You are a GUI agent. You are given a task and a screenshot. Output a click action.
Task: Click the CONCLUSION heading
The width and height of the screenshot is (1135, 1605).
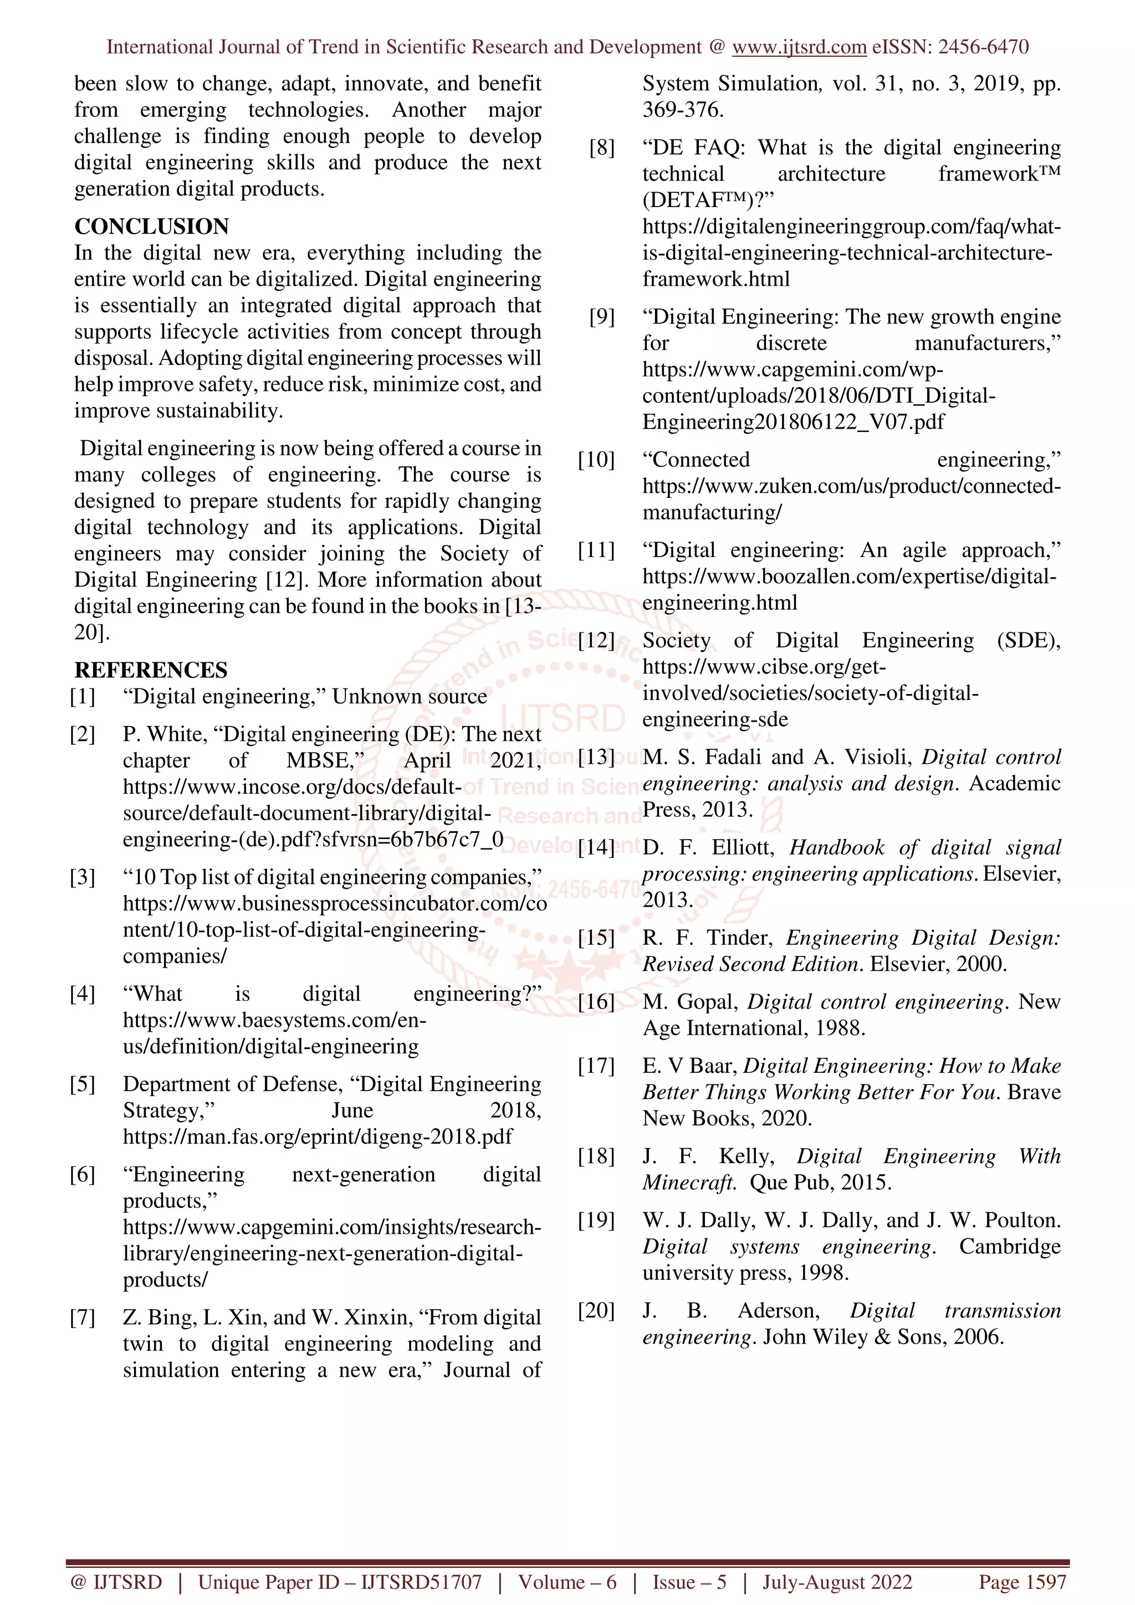152,227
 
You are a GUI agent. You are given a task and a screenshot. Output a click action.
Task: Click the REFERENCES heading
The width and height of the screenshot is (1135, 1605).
151,670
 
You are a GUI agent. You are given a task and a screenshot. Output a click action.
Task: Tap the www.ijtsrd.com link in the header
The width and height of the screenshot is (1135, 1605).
799,47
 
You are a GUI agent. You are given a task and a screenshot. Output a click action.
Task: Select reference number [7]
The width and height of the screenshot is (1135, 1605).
82,1317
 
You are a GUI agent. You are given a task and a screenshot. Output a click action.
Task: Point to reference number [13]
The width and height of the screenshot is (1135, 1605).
596,757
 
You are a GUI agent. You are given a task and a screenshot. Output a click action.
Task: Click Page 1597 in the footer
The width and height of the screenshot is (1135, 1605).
1022,1582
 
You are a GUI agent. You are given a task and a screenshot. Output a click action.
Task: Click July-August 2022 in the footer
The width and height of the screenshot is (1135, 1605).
837,1582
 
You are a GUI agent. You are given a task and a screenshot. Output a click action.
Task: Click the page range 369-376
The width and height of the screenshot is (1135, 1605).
683,110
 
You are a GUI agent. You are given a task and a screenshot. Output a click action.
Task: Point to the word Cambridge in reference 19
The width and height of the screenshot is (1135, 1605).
1009,1246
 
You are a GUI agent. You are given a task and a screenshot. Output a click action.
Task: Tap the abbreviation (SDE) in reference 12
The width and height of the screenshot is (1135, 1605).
1028,640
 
